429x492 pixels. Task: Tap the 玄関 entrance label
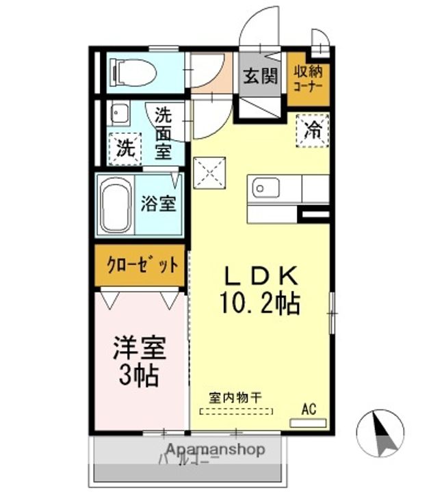[261, 75]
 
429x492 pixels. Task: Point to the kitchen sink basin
[265, 187]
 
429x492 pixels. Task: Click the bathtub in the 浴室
[115, 205]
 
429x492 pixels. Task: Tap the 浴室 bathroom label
[159, 204]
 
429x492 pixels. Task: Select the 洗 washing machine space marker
[125, 148]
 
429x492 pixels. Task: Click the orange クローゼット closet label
[140, 264]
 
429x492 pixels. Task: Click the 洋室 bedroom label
[140, 348]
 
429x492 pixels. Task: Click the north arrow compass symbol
[380, 433]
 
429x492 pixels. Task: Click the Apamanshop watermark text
[216, 450]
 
